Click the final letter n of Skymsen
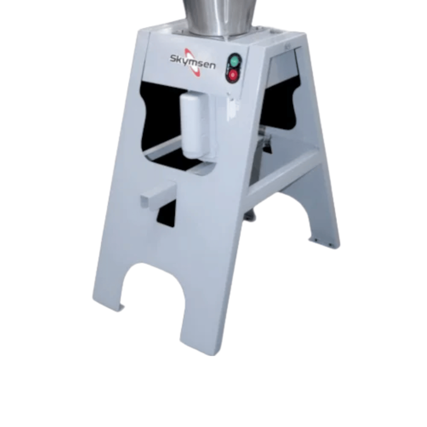[212, 66]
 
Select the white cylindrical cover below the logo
[194, 126]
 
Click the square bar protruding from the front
[158, 193]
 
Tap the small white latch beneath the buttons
[232, 108]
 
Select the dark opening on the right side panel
[281, 103]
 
